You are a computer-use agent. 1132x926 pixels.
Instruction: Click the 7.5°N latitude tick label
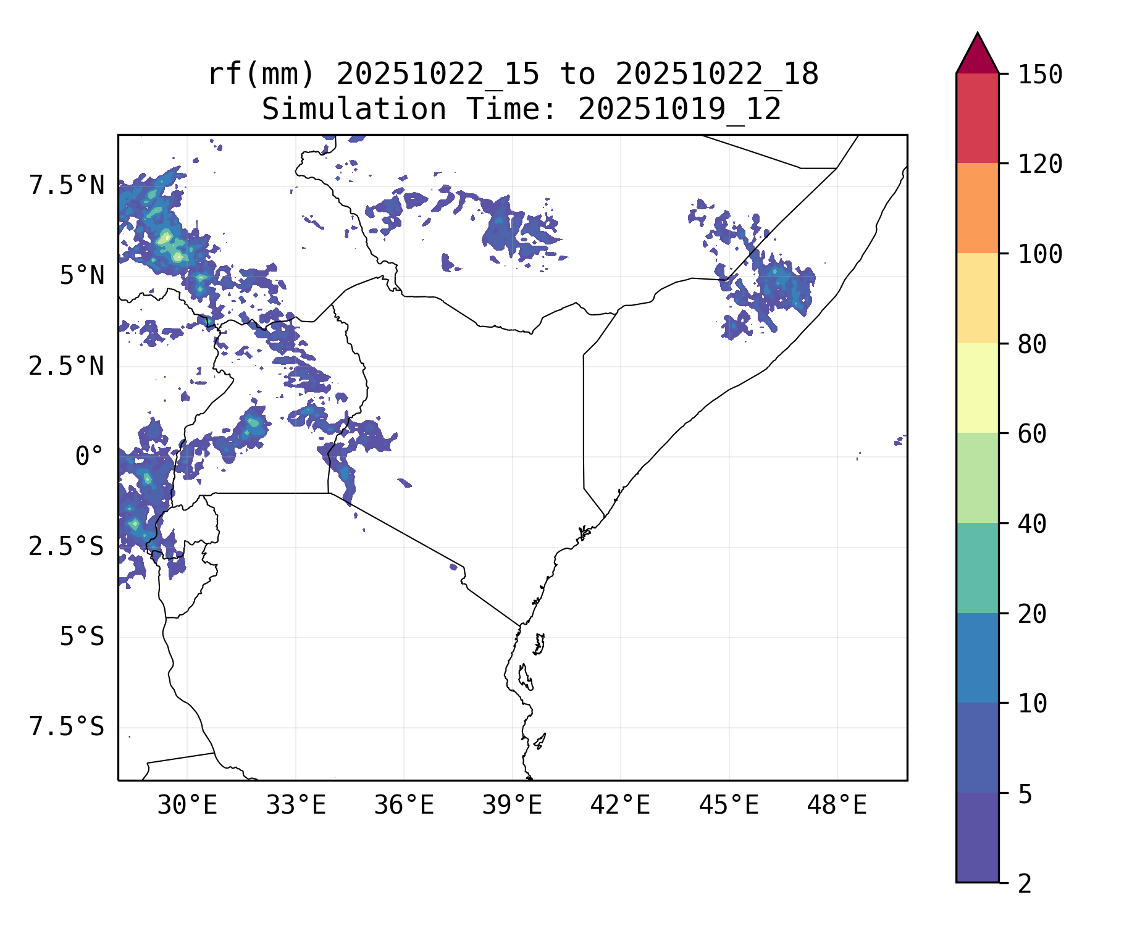click(x=67, y=186)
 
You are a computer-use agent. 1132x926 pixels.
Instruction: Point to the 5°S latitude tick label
click(x=82, y=637)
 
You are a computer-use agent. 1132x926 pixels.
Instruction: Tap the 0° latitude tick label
click(x=89, y=457)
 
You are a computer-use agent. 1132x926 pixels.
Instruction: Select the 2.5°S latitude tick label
click(x=67, y=547)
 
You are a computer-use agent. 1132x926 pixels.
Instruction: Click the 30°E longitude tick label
click(x=187, y=806)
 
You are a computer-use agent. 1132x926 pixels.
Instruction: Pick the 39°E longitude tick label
click(x=512, y=806)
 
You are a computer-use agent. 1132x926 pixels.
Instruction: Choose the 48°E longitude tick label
click(x=837, y=806)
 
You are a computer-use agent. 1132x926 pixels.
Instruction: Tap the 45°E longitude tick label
click(x=729, y=806)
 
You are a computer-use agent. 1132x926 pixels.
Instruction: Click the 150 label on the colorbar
click(x=1040, y=75)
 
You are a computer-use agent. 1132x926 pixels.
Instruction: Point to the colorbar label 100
click(x=1040, y=254)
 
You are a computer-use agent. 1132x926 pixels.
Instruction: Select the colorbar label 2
click(x=1025, y=884)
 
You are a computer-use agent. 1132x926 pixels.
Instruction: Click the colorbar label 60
click(x=1033, y=434)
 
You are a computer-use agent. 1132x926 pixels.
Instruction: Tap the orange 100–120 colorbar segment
click(x=977, y=208)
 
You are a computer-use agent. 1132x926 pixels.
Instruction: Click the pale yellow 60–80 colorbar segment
click(x=977, y=388)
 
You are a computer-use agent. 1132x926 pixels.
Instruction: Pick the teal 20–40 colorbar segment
click(x=977, y=568)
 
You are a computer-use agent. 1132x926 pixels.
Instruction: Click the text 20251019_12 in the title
click(x=679, y=110)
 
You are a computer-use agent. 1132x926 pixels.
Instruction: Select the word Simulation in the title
click(x=354, y=110)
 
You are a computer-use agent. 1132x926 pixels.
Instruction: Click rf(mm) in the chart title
click(x=261, y=75)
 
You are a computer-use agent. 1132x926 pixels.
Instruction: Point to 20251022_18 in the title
click(x=716, y=75)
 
